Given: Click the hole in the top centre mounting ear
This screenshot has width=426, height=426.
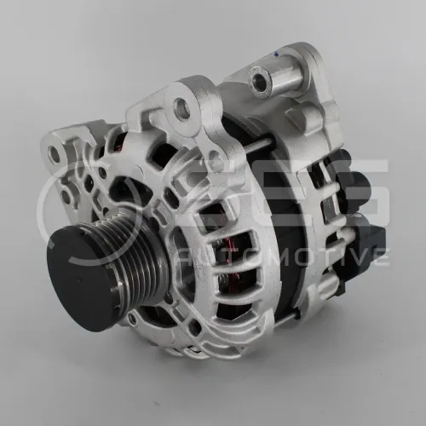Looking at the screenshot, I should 181,107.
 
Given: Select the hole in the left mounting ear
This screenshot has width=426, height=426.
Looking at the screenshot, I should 55,154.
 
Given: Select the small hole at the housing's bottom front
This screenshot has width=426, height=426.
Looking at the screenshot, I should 132,319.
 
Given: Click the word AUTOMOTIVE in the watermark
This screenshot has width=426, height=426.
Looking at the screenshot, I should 282,256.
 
